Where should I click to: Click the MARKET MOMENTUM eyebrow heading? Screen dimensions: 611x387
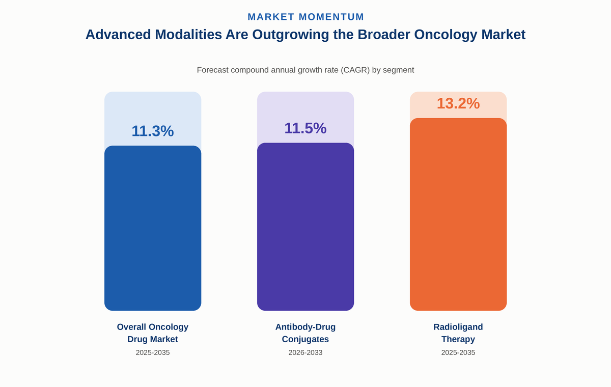click(x=305, y=17)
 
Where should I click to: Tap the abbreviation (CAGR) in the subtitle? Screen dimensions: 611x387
click(x=355, y=70)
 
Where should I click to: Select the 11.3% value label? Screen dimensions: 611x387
click(x=153, y=131)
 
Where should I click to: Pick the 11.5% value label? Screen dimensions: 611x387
click(x=305, y=128)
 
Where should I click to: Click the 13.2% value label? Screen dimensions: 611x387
click(x=458, y=104)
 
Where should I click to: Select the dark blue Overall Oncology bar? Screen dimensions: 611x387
click(x=153, y=228)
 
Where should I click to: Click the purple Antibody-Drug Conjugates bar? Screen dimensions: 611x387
click(x=305, y=227)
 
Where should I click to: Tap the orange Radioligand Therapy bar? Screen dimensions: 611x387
click(x=458, y=214)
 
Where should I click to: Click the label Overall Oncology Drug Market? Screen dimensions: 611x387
click(x=153, y=333)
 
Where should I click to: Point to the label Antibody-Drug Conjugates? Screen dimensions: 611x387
click(x=305, y=333)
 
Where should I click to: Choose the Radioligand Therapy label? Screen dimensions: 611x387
click(x=458, y=333)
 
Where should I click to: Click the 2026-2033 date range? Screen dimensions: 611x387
click(x=305, y=353)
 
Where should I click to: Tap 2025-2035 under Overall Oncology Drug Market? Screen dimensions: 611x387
click(x=153, y=353)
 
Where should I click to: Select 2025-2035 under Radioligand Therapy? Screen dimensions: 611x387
click(x=458, y=353)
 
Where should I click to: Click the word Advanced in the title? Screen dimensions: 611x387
click(x=118, y=35)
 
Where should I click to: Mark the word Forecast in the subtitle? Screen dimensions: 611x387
click(x=213, y=70)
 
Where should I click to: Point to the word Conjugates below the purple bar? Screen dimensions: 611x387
click(x=305, y=339)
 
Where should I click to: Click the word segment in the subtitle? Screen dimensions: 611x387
click(x=399, y=70)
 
